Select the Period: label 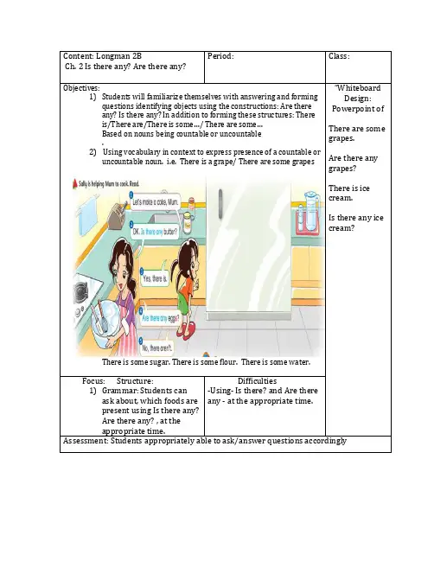[x=220, y=56]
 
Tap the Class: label [x=339, y=56]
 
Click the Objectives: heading [x=81, y=88]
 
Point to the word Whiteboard [x=359, y=88]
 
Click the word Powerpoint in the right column [x=353, y=109]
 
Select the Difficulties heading [x=257, y=381]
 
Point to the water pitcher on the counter [x=311, y=210]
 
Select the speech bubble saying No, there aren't [x=156, y=347]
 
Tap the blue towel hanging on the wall [x=88, y=212]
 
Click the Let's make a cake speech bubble [x=155, y=202]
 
